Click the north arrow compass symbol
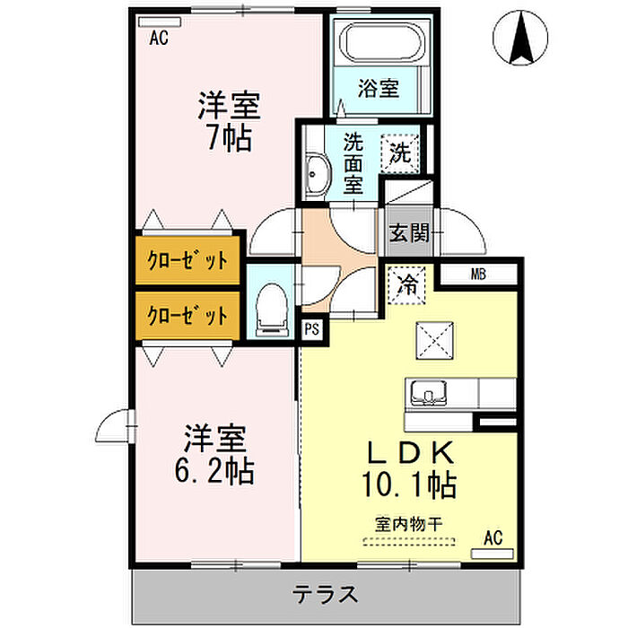(x=520, y=38)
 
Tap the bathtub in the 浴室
(x=382, y=42)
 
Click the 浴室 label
(x=379, y=88)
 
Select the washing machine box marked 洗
(x=400, y=153)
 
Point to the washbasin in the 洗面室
(x=318, y=176)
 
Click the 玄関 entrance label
(x=409, y=232)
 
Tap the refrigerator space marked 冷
(x=407, y=284)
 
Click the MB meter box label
(x=478, y=275)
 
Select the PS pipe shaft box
(x=312, y=329)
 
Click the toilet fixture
(x=272, y=310)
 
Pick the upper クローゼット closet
(x=188, y=260)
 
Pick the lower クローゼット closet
(x=188, y=316)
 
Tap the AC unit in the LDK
(x=493, y=554)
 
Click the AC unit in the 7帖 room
(x=160, y=22)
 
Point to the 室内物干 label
(x=408, y=524)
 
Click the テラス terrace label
(x=325, y=594)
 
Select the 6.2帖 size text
(x=214, y=471)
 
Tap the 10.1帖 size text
(x=409, y=485)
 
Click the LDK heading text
(x=411, y=452)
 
